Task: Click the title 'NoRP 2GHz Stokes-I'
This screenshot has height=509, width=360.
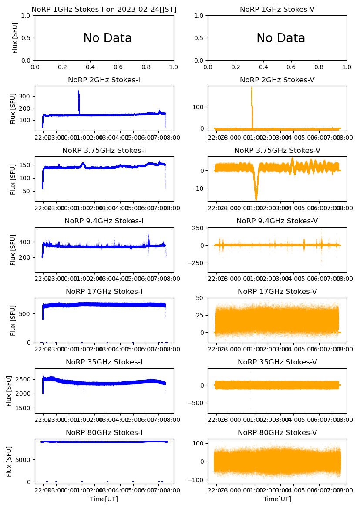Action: point(104,80)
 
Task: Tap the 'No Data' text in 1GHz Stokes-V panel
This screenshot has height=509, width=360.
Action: point(280,38)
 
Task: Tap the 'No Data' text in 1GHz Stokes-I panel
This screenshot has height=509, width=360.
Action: point(108,38)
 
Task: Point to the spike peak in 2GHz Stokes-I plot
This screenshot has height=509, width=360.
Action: point(78,91)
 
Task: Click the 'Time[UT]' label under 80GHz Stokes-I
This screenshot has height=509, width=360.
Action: point(104,499)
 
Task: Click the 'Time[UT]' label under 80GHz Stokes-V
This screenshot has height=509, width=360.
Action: point(277,499)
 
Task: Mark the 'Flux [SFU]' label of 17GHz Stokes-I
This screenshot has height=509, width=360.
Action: point(13,320)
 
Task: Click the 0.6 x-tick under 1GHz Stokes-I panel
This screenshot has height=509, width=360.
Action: point(118,67)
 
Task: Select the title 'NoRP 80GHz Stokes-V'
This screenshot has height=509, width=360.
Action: point(277,432)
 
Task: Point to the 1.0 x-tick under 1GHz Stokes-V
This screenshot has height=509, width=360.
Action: point(347,67)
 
